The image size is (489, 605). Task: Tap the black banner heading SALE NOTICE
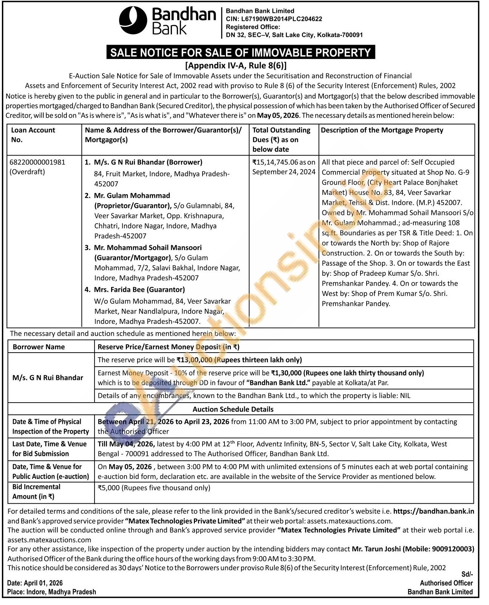click(x=240, y=52)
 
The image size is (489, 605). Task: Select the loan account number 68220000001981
click(x=38, y=162)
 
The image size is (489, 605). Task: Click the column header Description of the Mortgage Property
click(x=382, y=130)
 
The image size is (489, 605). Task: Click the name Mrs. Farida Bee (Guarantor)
click(x=139, y=289)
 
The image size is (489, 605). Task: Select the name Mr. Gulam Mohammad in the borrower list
click(x=132, y=196)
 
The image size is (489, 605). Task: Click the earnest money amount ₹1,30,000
click(x=286, y=373)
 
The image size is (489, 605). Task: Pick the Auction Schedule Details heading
click(x=233, y=409)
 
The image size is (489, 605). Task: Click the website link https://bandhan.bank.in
click(x=433, y=511)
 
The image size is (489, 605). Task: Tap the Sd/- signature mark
click(x=467, y=574)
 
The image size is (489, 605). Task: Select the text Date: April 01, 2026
click(x=35, y=583)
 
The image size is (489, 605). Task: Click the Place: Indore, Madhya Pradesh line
click(x=51, y=592)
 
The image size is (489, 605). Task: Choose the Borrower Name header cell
click(x=39, y=347)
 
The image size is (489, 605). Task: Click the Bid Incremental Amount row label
click(x=36, y=491)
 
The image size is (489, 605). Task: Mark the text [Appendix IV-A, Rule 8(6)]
click(x=236, y=65)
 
